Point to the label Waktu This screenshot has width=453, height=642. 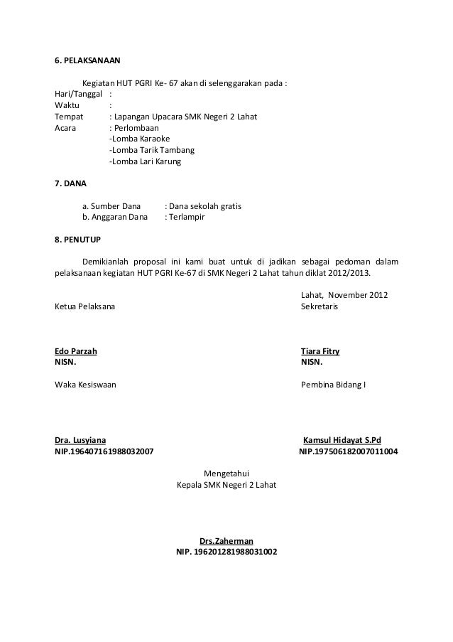point(67,106)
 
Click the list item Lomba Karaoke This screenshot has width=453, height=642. point(140,139)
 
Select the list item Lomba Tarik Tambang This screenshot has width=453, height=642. point(151,151)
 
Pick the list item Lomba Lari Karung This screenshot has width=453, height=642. point(145,162)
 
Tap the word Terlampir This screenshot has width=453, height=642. point(187,217)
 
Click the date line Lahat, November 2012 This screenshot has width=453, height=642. point(344,295)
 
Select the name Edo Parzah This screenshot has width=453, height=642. point(76,351)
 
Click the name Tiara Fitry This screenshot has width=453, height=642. point(320,351)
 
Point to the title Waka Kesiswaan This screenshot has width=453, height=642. point(86,385)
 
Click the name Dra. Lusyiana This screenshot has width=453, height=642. point(82,440)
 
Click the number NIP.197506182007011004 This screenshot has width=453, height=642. point(349,451)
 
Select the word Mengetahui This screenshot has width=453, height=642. point(226,474)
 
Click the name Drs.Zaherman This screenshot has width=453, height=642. point(227,540)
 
